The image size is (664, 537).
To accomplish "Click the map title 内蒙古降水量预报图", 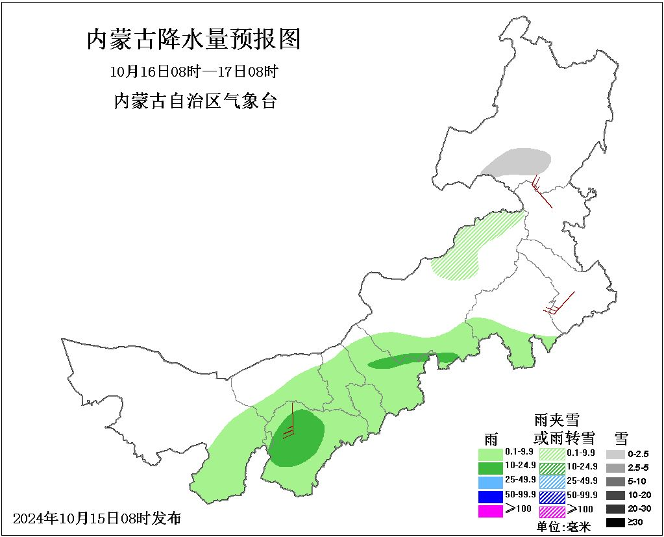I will pos(193,40).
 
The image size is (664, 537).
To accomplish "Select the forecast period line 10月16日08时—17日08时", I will pos(194,71).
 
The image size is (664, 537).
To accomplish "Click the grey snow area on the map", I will pos(517,162).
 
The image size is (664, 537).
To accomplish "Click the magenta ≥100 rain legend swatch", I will pos(490,510).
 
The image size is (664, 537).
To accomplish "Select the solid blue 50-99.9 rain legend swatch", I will pos(490,496).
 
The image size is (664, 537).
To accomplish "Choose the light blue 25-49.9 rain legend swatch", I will pos(490,482).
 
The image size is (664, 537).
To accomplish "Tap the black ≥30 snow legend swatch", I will pos(615,522).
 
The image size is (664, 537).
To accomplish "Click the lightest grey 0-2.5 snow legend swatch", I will pos(615,454).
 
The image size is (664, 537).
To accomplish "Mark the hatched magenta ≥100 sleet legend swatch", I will pos(552,510).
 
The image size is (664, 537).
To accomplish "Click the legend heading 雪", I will pos(621,437).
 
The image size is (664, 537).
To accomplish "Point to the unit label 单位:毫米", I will pos(563,527).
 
